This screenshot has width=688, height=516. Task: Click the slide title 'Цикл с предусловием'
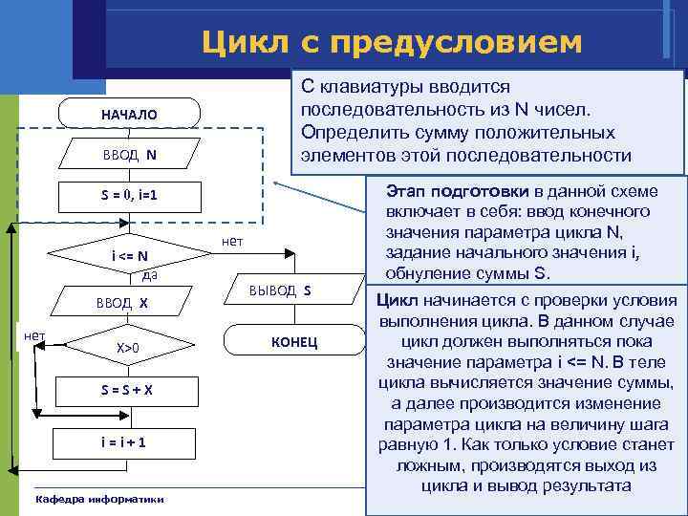(x=391, y=42)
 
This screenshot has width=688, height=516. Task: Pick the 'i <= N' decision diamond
(x=128, y=255)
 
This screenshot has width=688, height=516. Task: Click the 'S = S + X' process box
(x=128, y=391)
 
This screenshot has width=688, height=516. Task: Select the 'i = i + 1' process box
(x=128, y=442)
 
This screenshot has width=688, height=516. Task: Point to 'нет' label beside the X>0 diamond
(x=33, y=334)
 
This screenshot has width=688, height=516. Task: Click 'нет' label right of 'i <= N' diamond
(x=231, y=242)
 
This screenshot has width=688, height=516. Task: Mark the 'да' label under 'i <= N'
(x=149, y=276)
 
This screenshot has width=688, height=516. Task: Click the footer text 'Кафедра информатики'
(x=98, y=499)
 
